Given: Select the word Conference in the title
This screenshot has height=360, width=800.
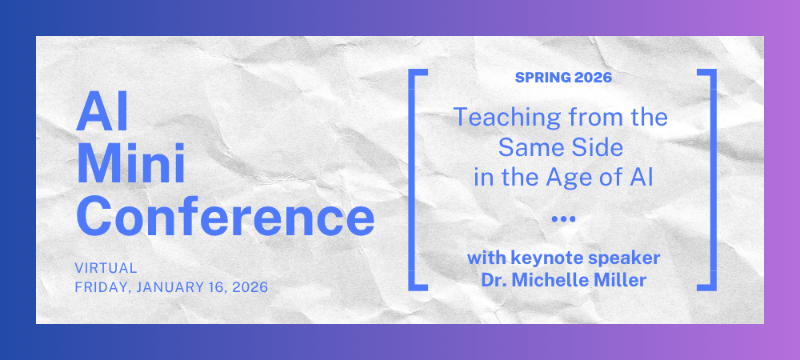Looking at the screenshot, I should pos(225,217).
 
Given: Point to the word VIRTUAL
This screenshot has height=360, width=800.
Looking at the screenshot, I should pos(106,268).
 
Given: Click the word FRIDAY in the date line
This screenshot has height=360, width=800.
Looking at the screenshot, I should pos(103,286).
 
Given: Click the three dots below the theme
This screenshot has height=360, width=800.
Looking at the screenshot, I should pos(563,218).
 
